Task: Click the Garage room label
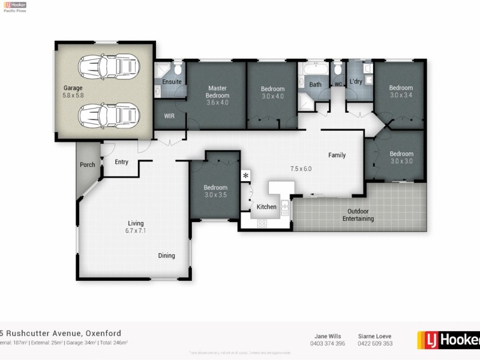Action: tap(73, 88)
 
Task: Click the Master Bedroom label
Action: tap(217, 92)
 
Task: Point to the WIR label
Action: tap(169, 116)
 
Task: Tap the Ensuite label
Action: tap(172, 82)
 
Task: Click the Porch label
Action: tap(88, 165)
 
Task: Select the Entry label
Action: tap(122, 162)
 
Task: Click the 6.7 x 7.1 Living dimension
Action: tap(136, 230)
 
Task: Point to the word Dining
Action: tap(166, 256)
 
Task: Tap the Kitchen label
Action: tap(266, 207)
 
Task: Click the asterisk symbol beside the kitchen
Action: tap(245, 176)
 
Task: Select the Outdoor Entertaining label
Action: tap(358, 215)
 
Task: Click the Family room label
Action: tap(337, 155)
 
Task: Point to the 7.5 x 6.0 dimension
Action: tap(301, 169)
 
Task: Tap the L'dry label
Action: tap(356, 82)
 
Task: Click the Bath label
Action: tap(315, 85)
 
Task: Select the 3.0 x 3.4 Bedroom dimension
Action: tap(401, 95)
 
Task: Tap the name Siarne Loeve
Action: tap(375, 336)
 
